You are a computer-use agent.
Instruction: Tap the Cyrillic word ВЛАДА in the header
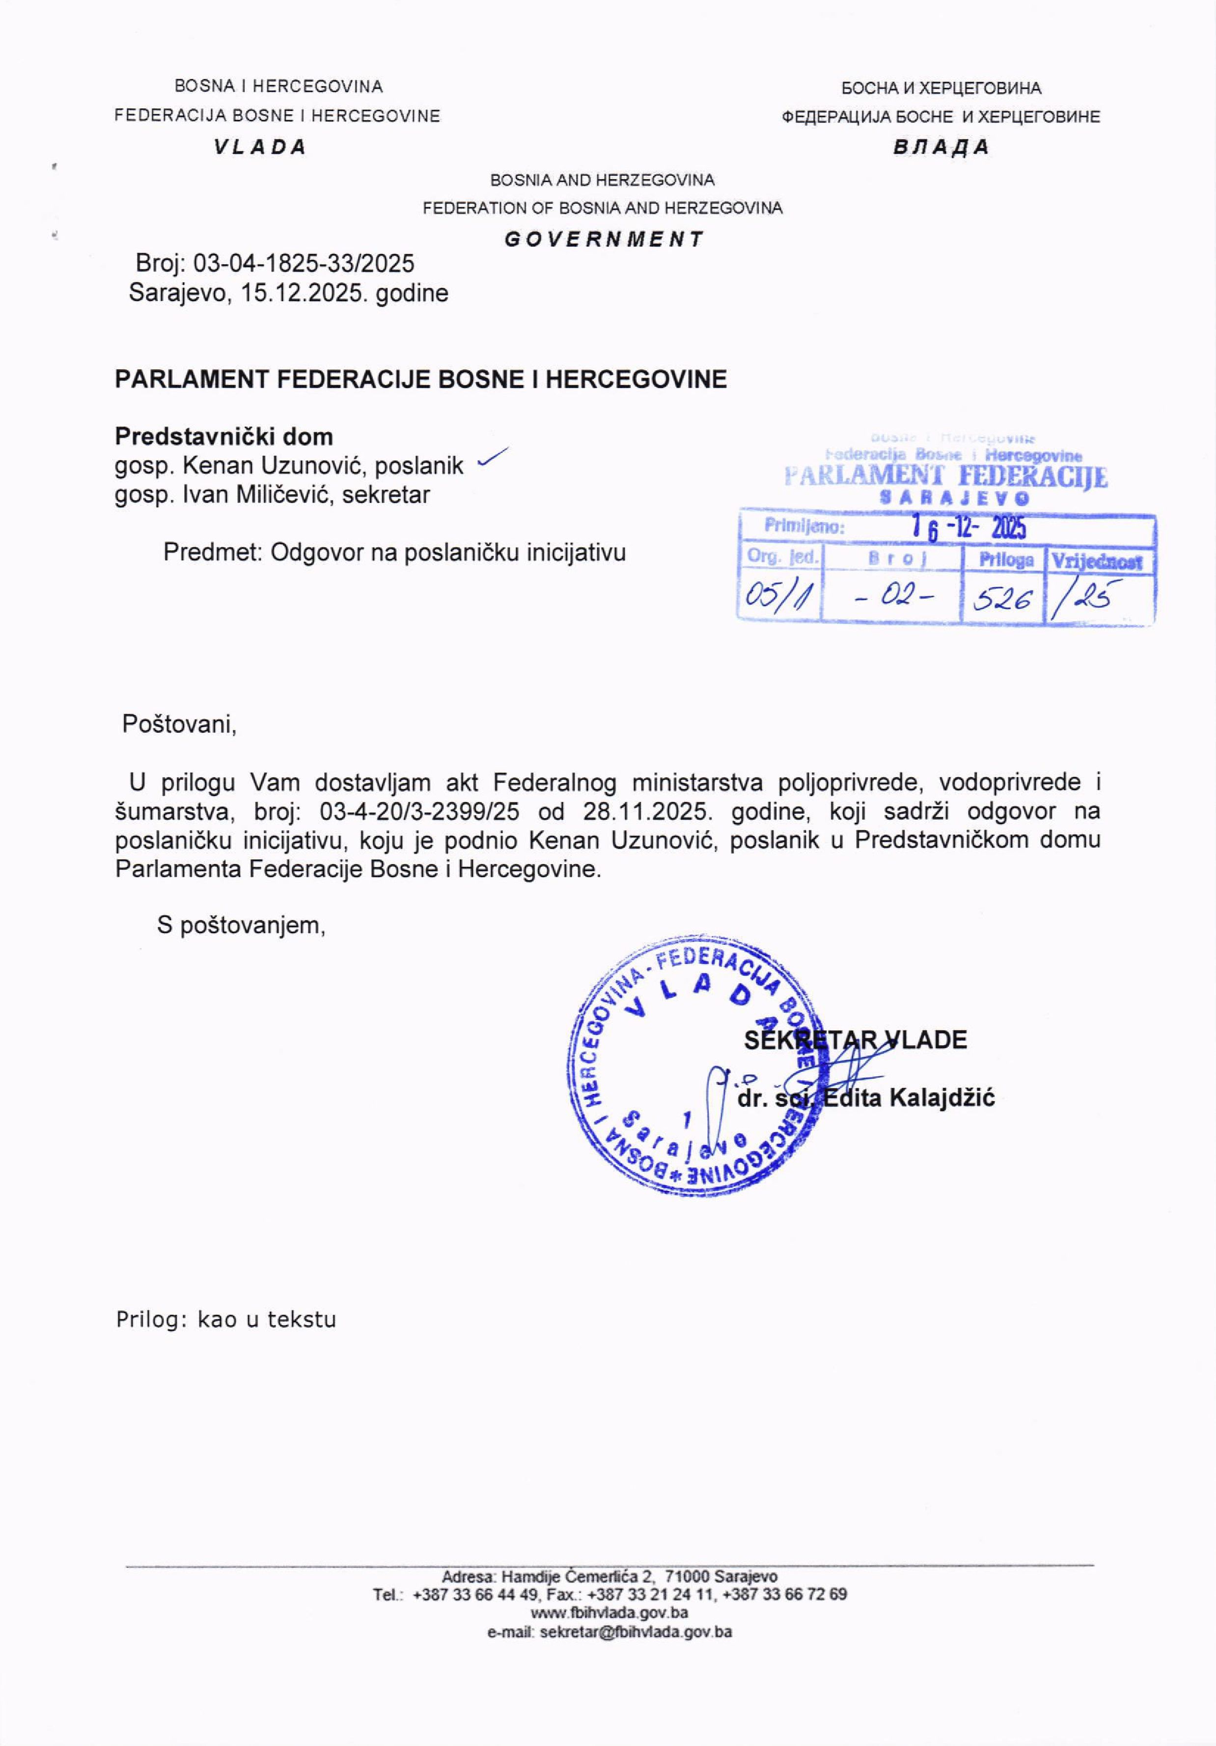coord(940,147)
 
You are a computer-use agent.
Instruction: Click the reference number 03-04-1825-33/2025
coord(304,264)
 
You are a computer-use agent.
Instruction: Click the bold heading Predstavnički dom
coord(223,436)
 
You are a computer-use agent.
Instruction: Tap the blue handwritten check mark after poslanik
coord(491,457)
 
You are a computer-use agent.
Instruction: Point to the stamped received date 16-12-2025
coord(969,527)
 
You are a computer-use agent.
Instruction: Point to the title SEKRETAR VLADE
coord(855,1039)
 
